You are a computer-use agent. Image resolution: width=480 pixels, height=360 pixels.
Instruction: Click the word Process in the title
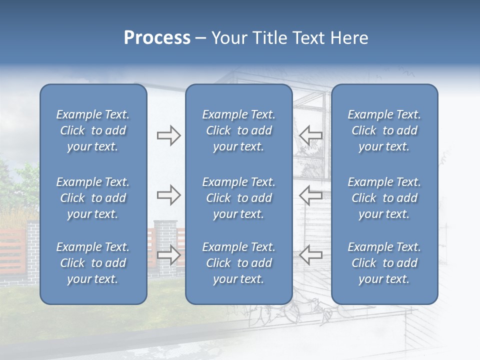[x=157, y=38]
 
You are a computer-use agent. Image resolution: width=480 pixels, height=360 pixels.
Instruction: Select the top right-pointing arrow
[x=168, y=135]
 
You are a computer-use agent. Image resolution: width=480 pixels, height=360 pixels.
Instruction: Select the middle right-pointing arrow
[x=168, y=195]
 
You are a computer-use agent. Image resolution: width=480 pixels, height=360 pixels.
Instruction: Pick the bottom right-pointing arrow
[x=168, y=255]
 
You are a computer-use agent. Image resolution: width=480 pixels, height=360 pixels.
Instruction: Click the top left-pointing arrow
[x=310, y=135]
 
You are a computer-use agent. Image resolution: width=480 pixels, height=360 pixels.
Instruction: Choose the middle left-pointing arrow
[x=310, y=195]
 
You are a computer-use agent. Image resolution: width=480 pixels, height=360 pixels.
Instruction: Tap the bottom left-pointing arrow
[x=310, y=255]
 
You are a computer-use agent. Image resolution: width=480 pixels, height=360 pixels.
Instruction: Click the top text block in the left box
[x=93, y=130]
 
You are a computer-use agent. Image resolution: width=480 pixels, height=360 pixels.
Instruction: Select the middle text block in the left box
[x=93, y=198]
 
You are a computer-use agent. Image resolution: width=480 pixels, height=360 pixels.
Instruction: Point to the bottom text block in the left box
[x=93, y=263]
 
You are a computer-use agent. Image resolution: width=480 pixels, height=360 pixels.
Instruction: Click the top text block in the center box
[x=239, y=130]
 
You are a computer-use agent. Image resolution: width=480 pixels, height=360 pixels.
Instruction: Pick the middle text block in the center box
[x=239, y=198]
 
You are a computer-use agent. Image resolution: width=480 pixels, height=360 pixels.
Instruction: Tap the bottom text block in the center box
[x=239, y=263]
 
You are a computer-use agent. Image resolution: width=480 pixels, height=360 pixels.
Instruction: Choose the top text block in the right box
[x=384, y=130]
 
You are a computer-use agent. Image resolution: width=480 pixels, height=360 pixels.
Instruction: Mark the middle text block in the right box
[x=384, y=198]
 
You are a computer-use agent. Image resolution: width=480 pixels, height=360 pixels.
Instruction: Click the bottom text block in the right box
[x=384, y=263]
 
